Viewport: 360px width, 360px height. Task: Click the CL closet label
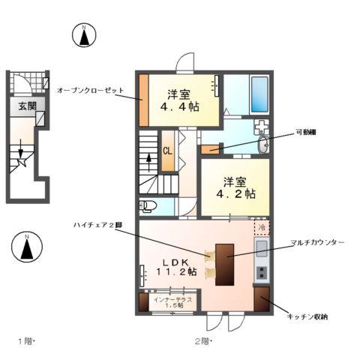[x=168, y=150]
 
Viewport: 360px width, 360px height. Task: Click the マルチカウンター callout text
[x=317, y=244]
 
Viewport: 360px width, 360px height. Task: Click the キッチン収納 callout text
[x=307, y=317]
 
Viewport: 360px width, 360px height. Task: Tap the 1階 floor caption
[x=28, y=342]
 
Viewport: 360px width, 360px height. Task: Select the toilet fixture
[x=148, y=205]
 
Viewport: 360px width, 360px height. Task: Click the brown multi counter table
[x=224, y=263]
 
